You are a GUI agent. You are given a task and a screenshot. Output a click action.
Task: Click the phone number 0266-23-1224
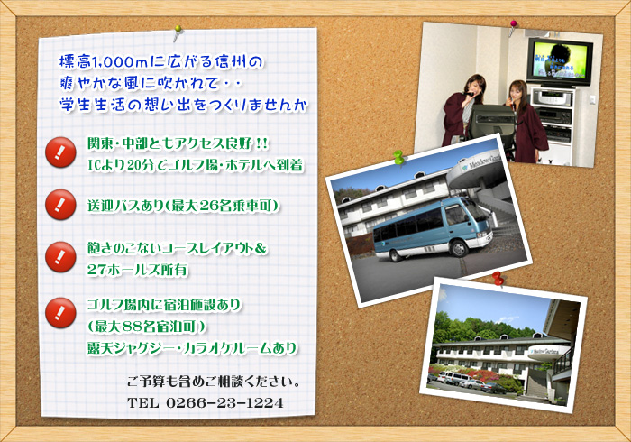click(x=224, y=402)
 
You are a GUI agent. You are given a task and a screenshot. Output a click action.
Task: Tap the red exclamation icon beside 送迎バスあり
click(x=60, y=205)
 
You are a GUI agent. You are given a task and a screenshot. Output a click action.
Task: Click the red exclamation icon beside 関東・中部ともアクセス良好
click(x=60, y=152)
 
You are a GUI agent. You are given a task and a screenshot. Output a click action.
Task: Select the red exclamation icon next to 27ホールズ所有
click(x=60, y=257)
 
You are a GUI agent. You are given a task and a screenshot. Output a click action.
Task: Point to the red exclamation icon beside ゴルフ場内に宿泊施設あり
click(x=60, y=313)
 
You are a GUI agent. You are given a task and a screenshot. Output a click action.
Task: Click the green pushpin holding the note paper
click(x=178, y=32)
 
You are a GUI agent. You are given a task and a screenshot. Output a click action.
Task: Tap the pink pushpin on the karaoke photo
click(x=513, y=26)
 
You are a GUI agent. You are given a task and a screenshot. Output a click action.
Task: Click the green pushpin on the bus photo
click(x=398, y=157)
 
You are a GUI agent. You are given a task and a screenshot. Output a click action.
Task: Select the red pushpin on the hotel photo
click(x=498, y=278)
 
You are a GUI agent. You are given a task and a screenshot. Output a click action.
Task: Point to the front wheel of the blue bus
click(x=458, y=248)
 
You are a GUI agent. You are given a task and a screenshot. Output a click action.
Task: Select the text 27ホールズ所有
click(x=138, y=270)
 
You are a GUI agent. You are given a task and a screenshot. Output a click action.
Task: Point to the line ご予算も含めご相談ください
click(x=214, y=382)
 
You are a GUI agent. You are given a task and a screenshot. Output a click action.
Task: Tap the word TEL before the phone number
click(x=142, y=402)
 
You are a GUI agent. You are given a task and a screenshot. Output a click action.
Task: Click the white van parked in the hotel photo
click(x=452, y=378)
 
